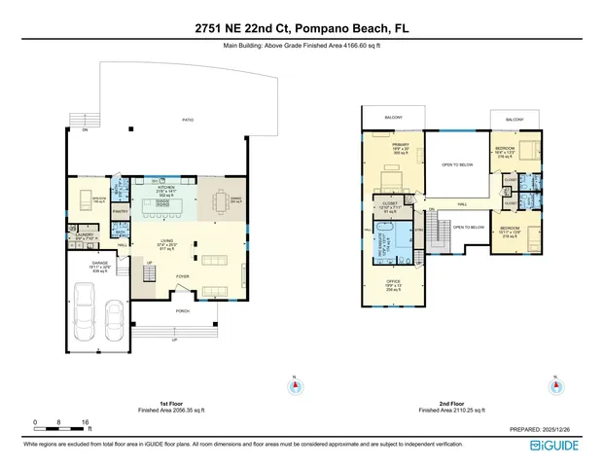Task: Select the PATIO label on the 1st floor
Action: coord(188,121)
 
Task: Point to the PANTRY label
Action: coord(122,209)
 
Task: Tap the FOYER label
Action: coord(182,276)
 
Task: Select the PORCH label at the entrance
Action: coord(182,311)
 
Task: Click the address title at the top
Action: coord(302,30)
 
